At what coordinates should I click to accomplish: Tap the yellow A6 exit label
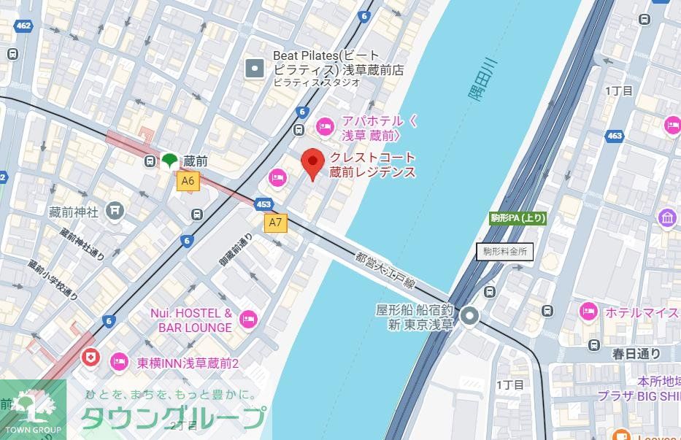[188, 181]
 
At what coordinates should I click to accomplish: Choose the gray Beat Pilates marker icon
[255, 69]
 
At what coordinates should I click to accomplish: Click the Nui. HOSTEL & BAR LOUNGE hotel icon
[249, 320]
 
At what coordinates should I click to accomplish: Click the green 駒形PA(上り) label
[518, 218]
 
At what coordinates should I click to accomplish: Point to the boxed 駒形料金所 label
[505, 252]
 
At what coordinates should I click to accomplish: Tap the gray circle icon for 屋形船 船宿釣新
[469, 316]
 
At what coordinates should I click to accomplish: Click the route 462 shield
[23, 26]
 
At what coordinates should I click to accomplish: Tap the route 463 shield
[615, 136]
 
